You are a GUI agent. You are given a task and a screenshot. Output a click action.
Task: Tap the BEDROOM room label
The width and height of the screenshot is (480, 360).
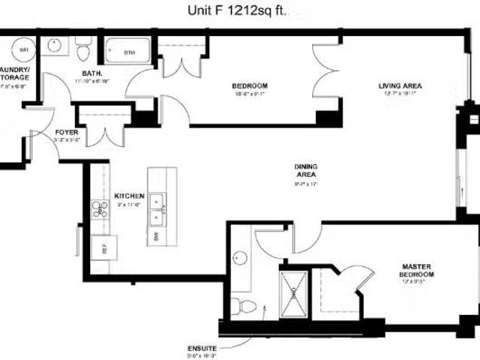(x=245, y=85)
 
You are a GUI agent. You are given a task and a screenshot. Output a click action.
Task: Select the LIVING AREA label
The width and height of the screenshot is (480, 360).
(x=399, y=85)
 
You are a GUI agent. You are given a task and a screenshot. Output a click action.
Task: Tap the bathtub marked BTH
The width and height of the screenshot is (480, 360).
(x=130, y=52)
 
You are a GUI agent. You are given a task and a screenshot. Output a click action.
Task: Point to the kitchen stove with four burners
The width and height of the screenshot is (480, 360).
(x=100, y=209)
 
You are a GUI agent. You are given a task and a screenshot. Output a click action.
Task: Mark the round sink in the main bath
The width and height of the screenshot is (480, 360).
(x=54, y=46)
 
